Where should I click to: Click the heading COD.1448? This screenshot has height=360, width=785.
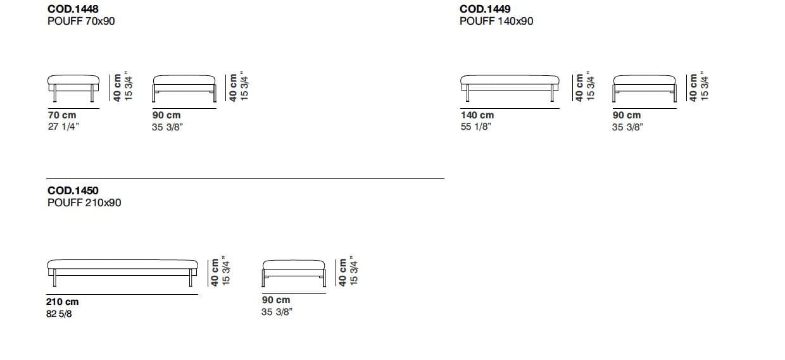[73, 9]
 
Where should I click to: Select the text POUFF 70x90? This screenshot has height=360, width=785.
[81, 21]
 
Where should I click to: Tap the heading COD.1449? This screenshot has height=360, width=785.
[485, 9]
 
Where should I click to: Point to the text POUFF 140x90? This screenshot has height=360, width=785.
[496, 21]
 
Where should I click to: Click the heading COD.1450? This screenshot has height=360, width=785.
[73, 190]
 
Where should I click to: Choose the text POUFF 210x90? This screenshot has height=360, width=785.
[84, 202]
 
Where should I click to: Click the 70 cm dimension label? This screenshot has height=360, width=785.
[62, 115]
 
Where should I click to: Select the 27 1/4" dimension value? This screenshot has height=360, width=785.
[63, 127]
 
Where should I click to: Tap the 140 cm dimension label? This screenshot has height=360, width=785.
[477, 115]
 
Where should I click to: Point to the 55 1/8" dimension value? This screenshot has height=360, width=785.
[476, 127]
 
